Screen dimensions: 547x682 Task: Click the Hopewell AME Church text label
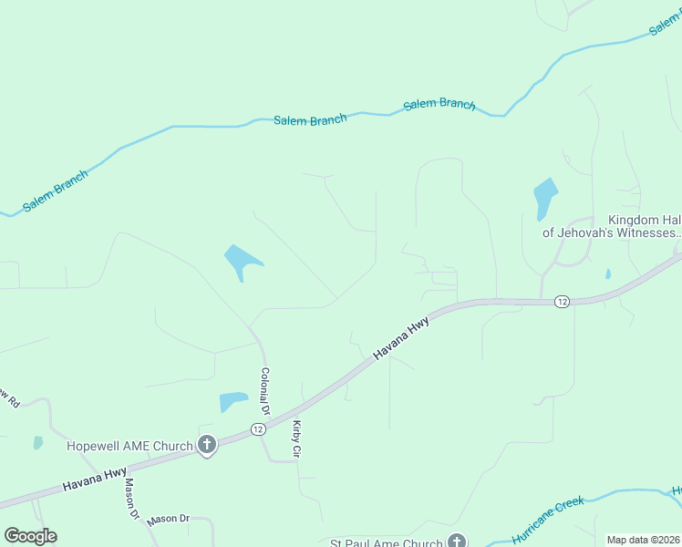pyautogui.click(x=129, y=446)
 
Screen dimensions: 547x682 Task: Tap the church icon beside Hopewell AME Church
pyautogui.click(x=207, y=446)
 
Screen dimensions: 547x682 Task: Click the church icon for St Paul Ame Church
pyautogui.click(x=457, y=542)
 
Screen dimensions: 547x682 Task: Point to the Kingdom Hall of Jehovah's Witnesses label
pyautogui.click(x=612, y=226)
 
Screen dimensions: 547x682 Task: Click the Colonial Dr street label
pyautogui.click(x=264, y=390)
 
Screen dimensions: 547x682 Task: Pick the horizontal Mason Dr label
pyautogui.click(x=168, y=519)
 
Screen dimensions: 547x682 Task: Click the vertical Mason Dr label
pyautogui.click(x=131, y=499)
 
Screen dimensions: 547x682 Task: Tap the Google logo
pyautogui.click(x=30, y=536)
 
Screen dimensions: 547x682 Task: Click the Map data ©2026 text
pyautogui.click(x=643, y=540)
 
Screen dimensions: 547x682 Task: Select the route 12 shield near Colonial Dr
pyautogui.click(x=260, y=429)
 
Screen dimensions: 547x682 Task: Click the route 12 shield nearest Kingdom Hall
pyautogui.click(x=562, y=302)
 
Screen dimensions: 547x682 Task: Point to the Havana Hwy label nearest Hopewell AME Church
pyautogui.click(x=95, y=480)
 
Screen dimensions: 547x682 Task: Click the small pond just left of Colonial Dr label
pyautogui.click(x=232, y=401)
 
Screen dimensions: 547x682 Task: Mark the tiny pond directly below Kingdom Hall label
pyautogui.click(x=607, y=273)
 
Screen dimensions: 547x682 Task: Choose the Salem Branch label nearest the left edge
pyautogui.click(x=56, y=191)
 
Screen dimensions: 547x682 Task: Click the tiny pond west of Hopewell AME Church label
pyautogui.click(x=37, y=443)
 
